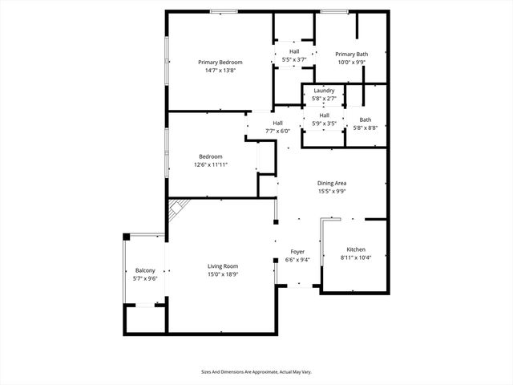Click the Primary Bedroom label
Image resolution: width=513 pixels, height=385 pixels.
pyautogui.click(x=220, y=62)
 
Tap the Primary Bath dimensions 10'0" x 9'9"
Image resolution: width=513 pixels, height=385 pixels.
pyautogui.click(x=351, y=62)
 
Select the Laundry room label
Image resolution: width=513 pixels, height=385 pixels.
pyautogui.click(x=324, y=91)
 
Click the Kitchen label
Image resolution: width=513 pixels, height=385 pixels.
pyautogui.click(x=356, y=249)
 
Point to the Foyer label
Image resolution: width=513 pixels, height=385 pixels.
pyautogui.click(x=297, y=252)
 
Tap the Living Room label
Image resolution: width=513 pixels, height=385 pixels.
pyautogui.click(x=223, y=266)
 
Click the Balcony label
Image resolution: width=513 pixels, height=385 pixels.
pyautogui.click(x=145, y=271)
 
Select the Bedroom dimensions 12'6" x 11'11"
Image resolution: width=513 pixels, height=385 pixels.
pyautogui.click(x=211, y=164)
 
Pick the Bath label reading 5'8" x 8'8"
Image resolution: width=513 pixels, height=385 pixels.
pyautogui.click(x=365, y=120)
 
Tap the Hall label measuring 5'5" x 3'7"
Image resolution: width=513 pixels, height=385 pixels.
pyautogui.click(x=294, y=51)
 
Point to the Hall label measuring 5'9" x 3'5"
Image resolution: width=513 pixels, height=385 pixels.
pyautogui.click(x=324, y=115)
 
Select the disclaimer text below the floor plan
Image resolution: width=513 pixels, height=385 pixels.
pyautogui.click(x=256, y=371)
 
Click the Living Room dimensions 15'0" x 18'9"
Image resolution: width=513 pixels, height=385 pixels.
pyautogui.click(x=223, y=274)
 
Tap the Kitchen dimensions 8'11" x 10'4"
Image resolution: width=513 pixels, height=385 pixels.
pyautogui.click(x=356, y=257)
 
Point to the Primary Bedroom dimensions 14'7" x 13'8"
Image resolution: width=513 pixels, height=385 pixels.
pyautogui.click(x=220, y=70)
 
